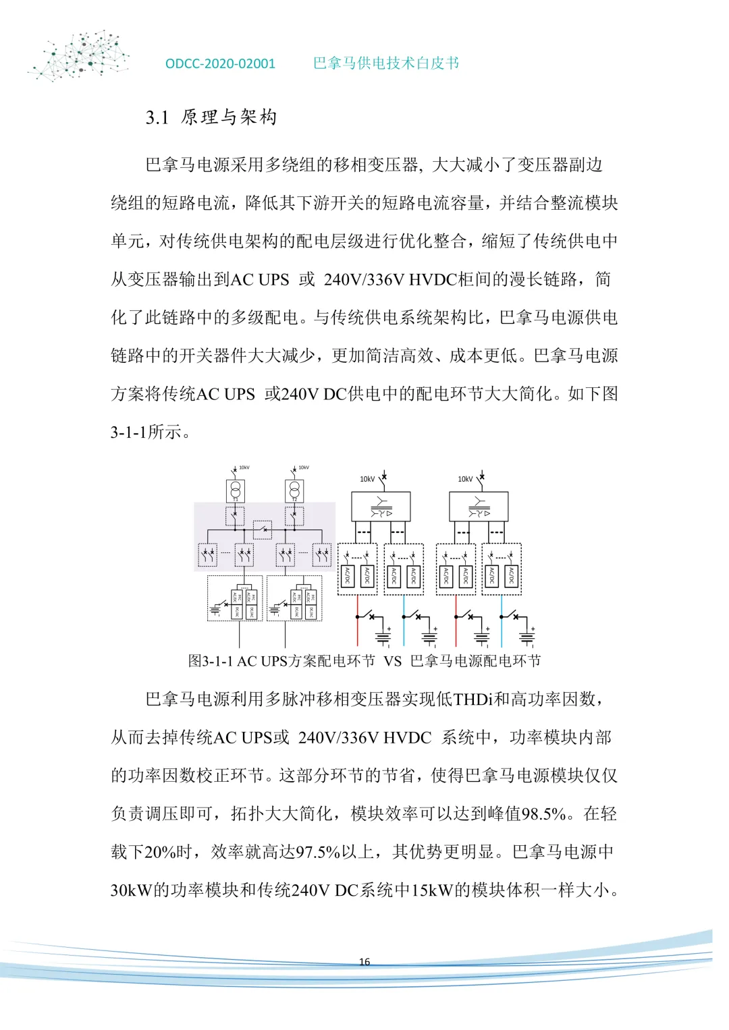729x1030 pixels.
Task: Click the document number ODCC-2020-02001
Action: tap(220, 64)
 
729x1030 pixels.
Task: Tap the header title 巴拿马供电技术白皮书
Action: tap(385, 63)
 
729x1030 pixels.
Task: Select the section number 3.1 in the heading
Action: tap(157, 118)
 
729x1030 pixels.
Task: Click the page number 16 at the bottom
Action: tap(364, 962)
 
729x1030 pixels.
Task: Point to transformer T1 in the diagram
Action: tap(236, 490)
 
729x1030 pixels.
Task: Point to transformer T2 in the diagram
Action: tap(294, 490)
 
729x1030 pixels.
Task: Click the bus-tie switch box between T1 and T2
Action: tap(263, 530)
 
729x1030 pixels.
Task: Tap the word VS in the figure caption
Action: tap(393, 662)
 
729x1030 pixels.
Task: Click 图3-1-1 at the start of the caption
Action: tap(210, 662)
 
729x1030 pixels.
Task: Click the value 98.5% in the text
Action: tap(543, 814)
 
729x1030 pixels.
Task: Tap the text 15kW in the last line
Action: tap(432, 891)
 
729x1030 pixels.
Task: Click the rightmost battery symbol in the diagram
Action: tap(527, 637)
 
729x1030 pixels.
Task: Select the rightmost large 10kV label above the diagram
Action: tap(465, 480)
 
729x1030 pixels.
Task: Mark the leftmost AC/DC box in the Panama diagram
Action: tap(347, 576)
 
